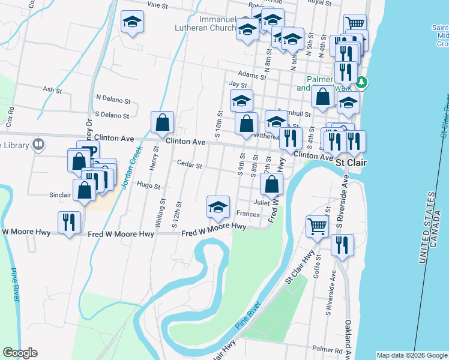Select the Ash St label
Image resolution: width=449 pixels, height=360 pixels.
tap(52, 90)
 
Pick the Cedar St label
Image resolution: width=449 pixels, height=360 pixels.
tap(189, 163)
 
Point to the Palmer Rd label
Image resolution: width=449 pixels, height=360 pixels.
tap(327, 349)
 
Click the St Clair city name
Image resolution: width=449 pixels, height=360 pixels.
tap(348, 163)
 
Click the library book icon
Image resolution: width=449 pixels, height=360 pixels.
tap(38, 144)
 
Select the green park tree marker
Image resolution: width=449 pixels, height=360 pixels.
tap(361, 82)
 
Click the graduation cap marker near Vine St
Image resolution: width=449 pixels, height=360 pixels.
tap(132, 23)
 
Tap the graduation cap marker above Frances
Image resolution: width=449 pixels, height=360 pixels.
tap(217, 207)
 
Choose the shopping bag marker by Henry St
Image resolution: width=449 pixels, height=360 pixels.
tap(162, 122)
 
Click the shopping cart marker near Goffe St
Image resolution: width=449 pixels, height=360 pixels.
tap(317, 227)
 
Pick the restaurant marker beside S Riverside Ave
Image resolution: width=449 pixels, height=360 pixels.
tap(342, 245)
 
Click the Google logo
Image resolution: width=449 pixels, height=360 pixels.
tap(20, 353)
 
